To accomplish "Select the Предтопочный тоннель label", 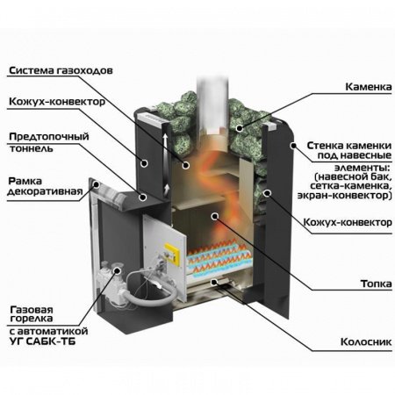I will pos(41,142).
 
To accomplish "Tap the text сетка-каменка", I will pos(342,188).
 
